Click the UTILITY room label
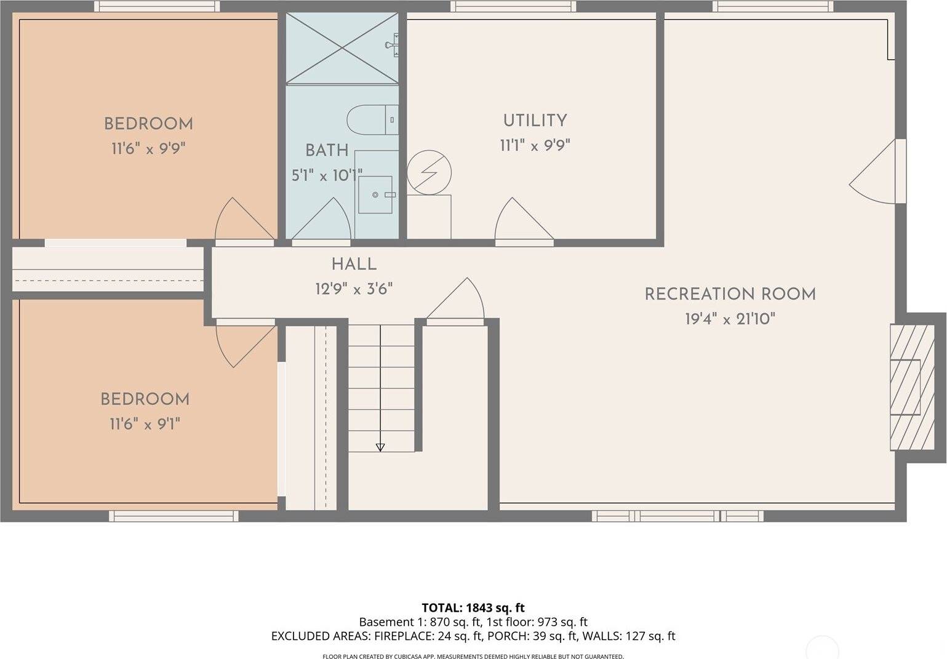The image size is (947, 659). tap(535, 121)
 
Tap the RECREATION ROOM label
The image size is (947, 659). tap(730, 294)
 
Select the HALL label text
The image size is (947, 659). tap(354, 265)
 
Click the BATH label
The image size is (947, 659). tap(327, 150)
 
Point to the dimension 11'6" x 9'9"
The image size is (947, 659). tap(148, 148)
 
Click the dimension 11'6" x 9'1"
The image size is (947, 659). tap(145, 424)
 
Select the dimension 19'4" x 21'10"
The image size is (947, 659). tap(730, 319)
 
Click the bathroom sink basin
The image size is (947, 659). tap(375, 194)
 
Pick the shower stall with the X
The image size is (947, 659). tap(342, 49)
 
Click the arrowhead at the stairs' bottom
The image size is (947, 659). tap(380, 447)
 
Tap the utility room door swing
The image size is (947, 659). tap(521, 221)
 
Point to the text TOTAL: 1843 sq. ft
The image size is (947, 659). tap(473, 609)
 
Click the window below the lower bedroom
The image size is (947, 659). tap(174, 516)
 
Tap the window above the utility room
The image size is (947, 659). tap(513, 7)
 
